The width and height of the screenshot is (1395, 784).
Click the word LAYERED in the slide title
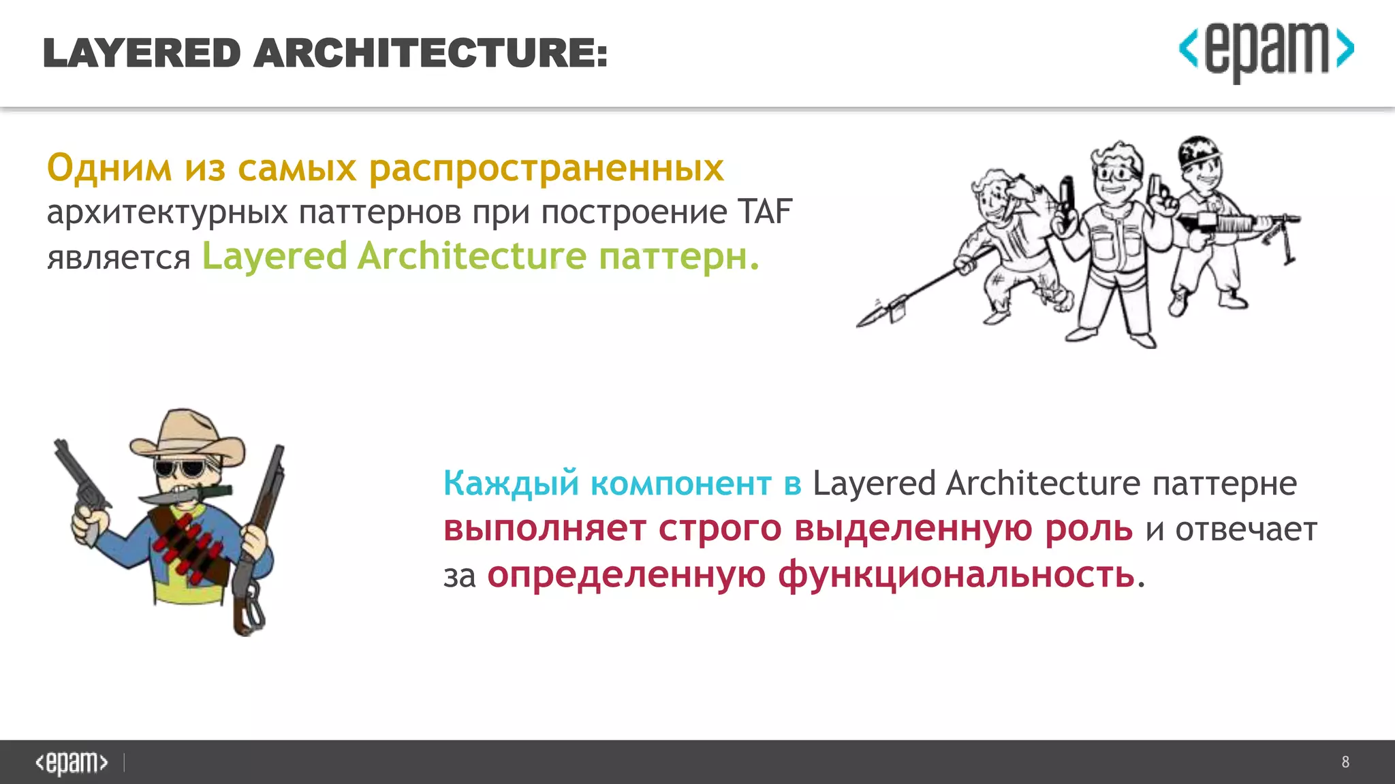click(142, 54)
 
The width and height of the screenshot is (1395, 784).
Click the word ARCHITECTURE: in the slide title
click(430, 54)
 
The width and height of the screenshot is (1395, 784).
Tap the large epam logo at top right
click(1266, 50)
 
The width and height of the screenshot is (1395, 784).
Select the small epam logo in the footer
click(72, 762)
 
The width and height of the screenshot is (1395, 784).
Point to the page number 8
click(1345, 762)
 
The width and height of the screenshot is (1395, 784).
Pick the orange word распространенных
click(546, 169)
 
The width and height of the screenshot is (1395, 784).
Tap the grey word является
click(119, 258)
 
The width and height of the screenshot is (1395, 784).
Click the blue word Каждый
click(511, 484)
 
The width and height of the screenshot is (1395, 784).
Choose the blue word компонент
click(681, 484)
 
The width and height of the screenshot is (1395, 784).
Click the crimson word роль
click(1088, 529)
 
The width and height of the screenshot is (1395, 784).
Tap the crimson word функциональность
click(811, 575)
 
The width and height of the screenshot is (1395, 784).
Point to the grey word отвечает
click(1247, 529)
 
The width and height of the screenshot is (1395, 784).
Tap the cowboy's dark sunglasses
click(179, 469)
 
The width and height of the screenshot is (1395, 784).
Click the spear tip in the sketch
click(873, 317)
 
